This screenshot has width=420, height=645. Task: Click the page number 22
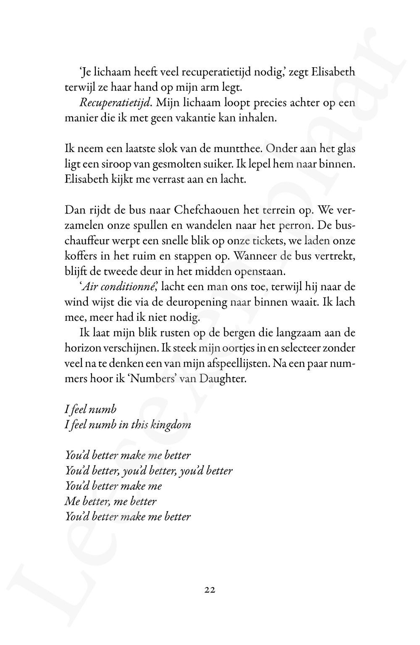click(x=210, y=590)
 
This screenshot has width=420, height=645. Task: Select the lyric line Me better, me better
click(x=111, y=501)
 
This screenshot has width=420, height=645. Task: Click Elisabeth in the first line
click(x=330, y=73)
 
